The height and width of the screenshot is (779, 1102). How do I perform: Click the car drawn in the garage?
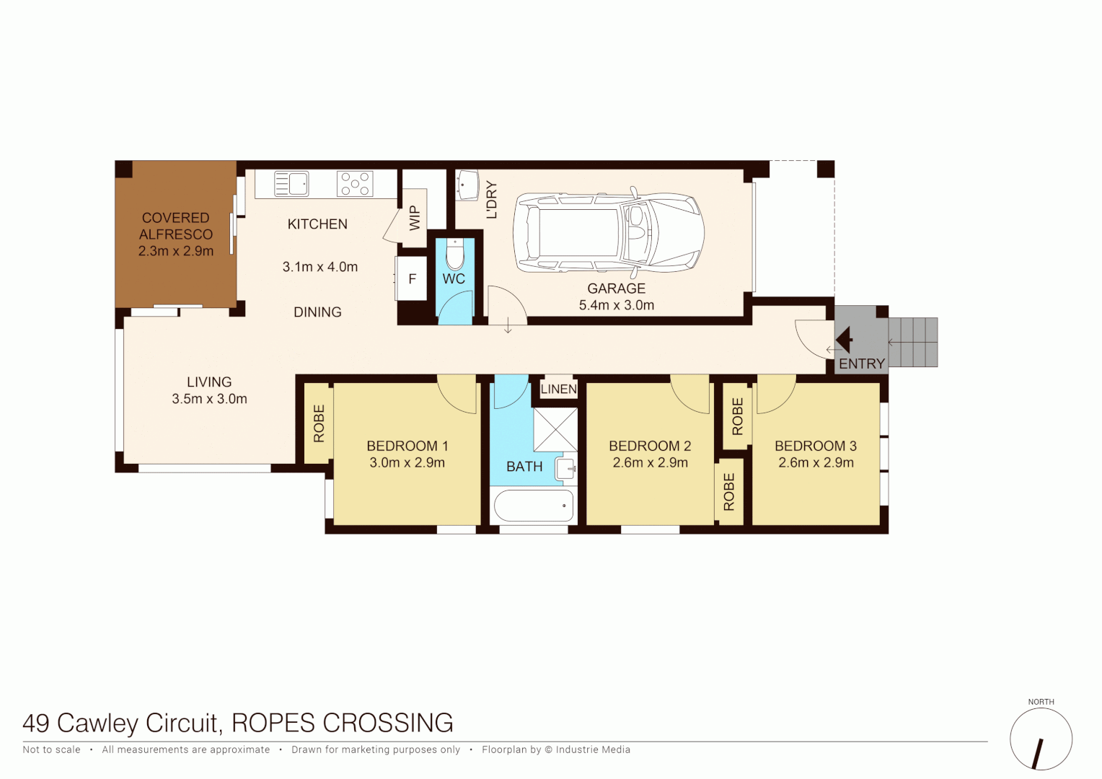608,232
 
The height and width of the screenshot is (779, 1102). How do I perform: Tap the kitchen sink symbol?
291,184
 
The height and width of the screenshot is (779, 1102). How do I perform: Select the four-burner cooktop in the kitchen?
355,184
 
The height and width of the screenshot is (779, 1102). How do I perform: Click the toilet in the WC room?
455,255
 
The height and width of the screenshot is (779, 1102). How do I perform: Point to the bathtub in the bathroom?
533,506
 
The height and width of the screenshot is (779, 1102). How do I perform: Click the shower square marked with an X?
555,430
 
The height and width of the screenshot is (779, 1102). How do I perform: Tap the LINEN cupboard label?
558,389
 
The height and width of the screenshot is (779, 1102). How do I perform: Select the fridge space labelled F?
413,279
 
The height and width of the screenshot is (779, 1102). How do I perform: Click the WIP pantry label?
415,218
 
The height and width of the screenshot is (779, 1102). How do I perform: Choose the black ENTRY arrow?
845,339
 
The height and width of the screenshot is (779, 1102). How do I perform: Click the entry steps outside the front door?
913,342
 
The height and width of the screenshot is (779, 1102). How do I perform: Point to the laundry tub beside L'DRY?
467,185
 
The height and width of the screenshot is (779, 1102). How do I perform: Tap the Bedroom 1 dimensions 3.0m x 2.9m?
407,463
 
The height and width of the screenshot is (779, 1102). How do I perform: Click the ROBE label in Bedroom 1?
319,423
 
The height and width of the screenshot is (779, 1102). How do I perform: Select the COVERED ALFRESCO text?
176,226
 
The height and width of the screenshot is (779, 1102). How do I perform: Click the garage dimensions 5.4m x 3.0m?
617,305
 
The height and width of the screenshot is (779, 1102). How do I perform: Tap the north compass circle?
1041,739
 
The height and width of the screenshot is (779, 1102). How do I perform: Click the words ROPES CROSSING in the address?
343,723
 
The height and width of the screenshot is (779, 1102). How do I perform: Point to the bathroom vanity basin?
566,469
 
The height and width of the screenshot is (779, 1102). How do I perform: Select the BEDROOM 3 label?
816,446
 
